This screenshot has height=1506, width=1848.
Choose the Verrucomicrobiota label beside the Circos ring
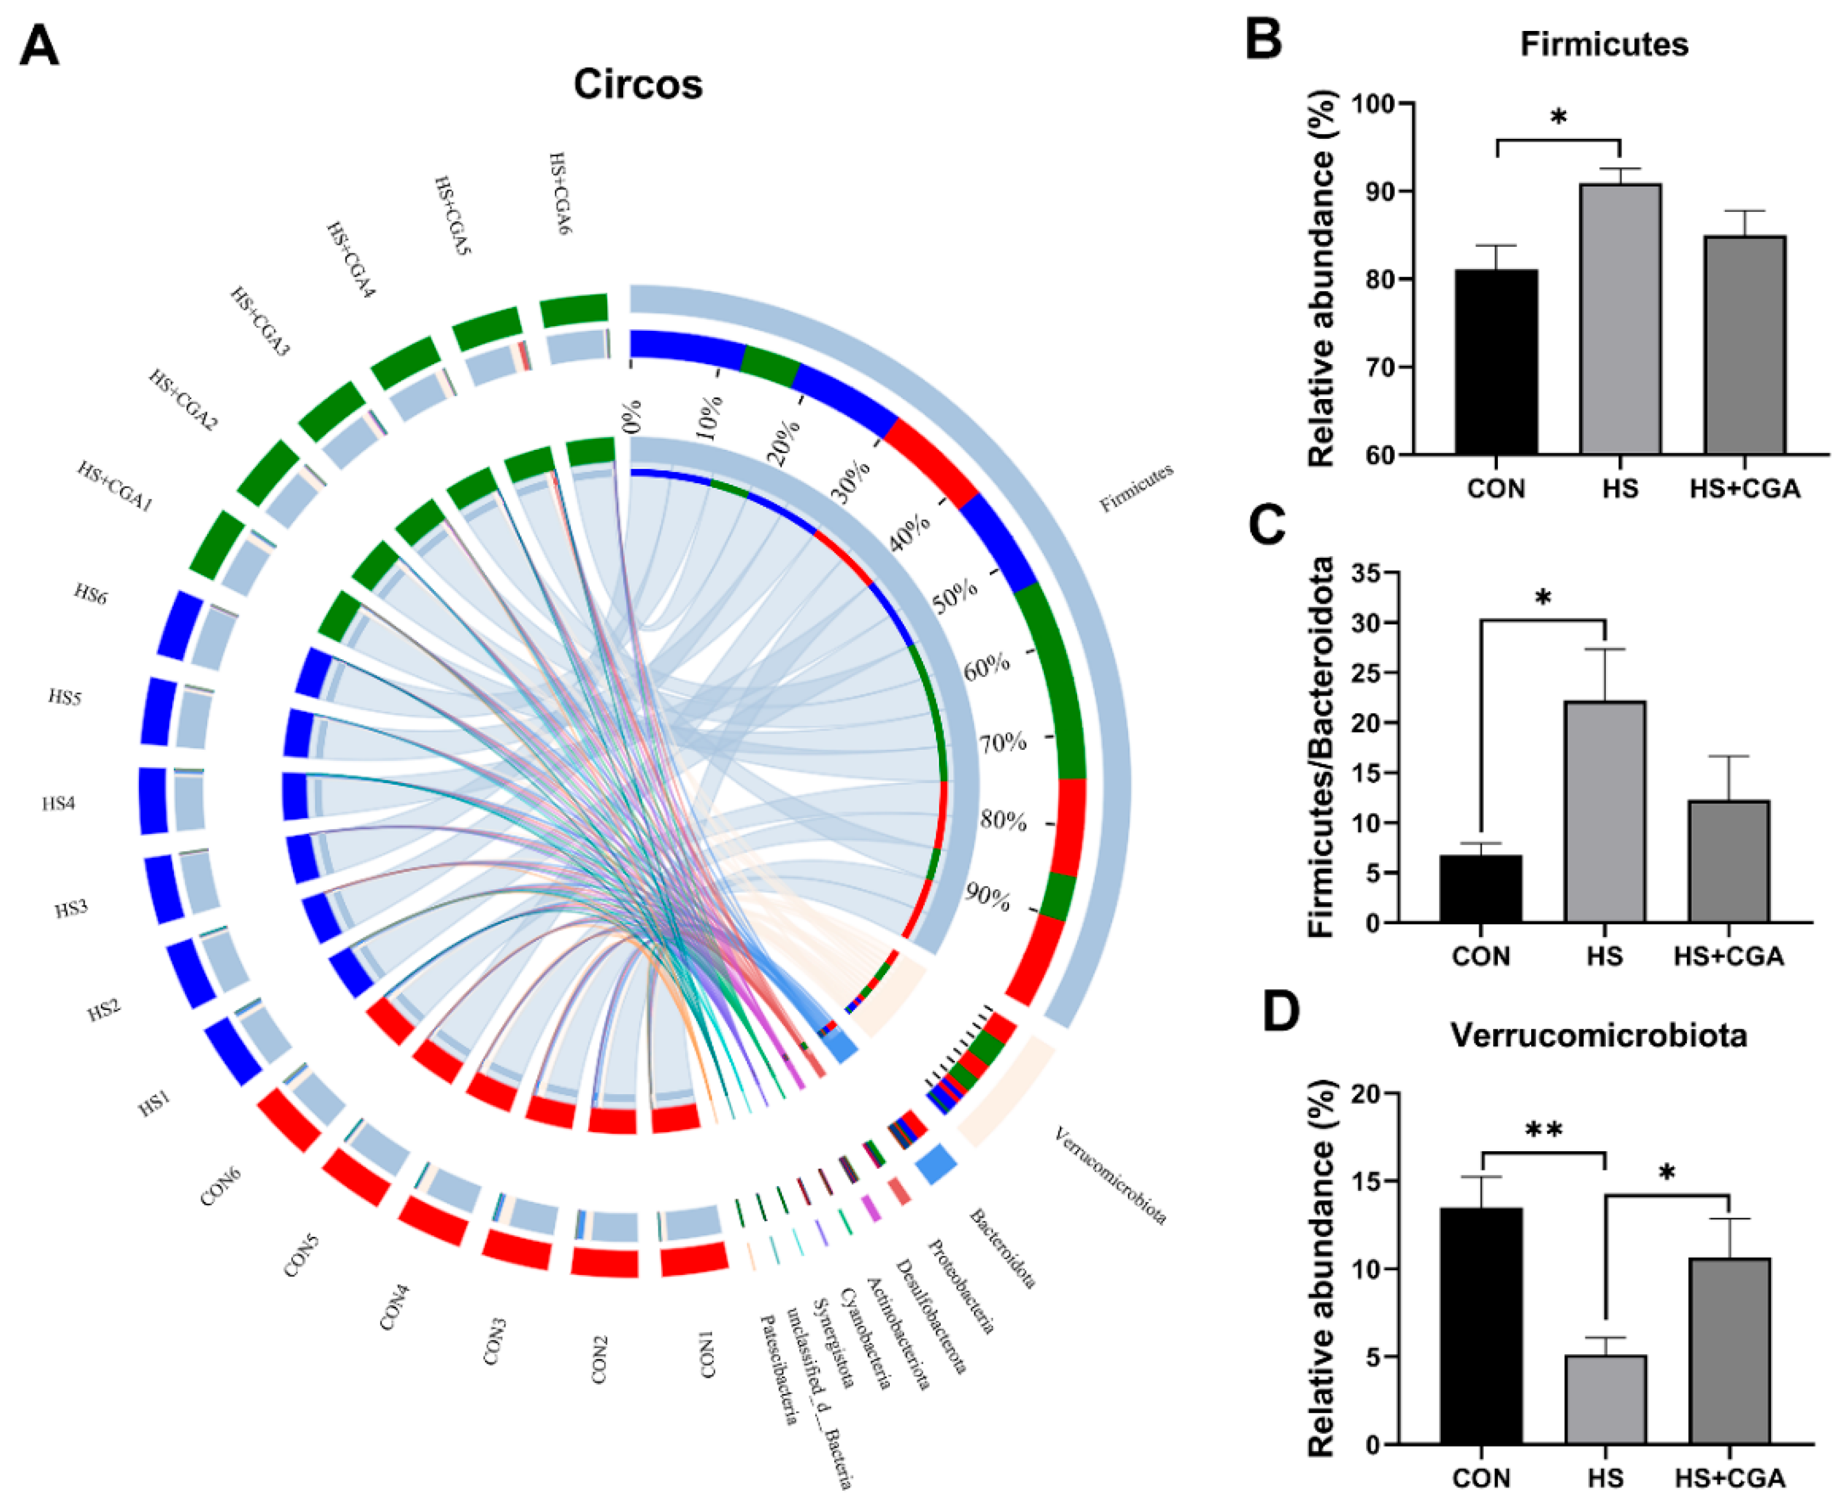[1110, 1176]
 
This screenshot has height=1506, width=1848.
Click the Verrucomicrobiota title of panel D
[1598, 1036]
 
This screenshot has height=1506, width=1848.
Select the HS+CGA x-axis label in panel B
[1744, 488]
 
